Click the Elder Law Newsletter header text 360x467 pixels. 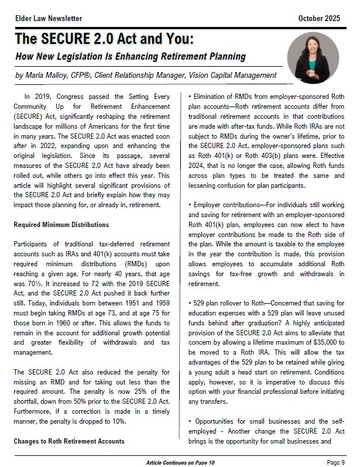[49, 19]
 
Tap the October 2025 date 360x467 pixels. [319, 19]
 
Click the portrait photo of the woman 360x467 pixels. [313, 57]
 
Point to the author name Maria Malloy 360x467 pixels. [51, 75]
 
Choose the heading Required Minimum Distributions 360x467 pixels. [61, 225]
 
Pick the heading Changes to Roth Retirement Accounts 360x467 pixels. [69, 441]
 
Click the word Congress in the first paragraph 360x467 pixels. [80, 97]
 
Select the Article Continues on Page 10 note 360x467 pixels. [180, 462]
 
